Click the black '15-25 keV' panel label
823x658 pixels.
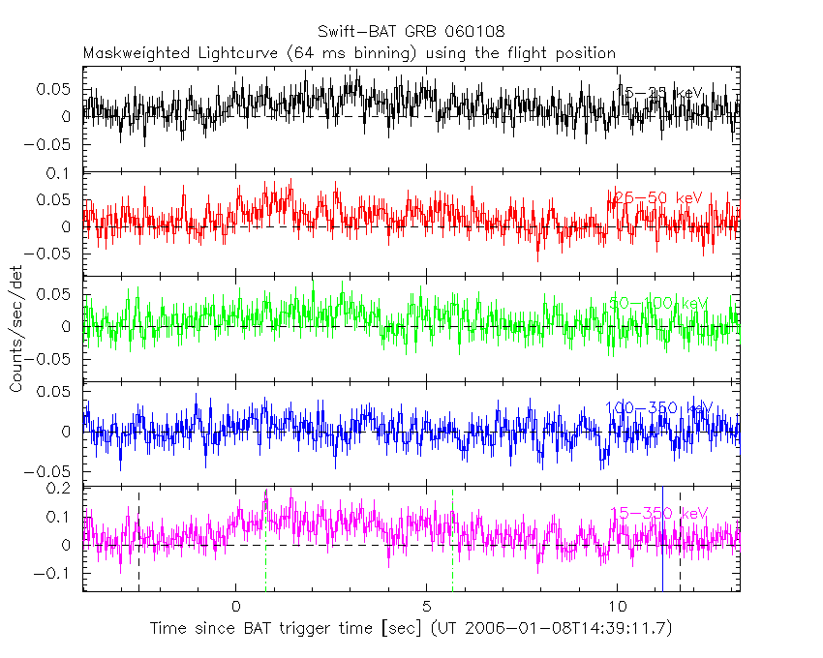(659, 93)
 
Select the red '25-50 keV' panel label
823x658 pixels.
(655, 197)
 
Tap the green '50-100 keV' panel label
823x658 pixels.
(658, 304)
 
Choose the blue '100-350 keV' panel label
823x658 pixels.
(657, 408)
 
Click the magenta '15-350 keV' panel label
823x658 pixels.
(658, 513)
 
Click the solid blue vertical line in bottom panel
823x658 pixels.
(662, 542)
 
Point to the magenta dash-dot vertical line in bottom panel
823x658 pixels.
(452, 542)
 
